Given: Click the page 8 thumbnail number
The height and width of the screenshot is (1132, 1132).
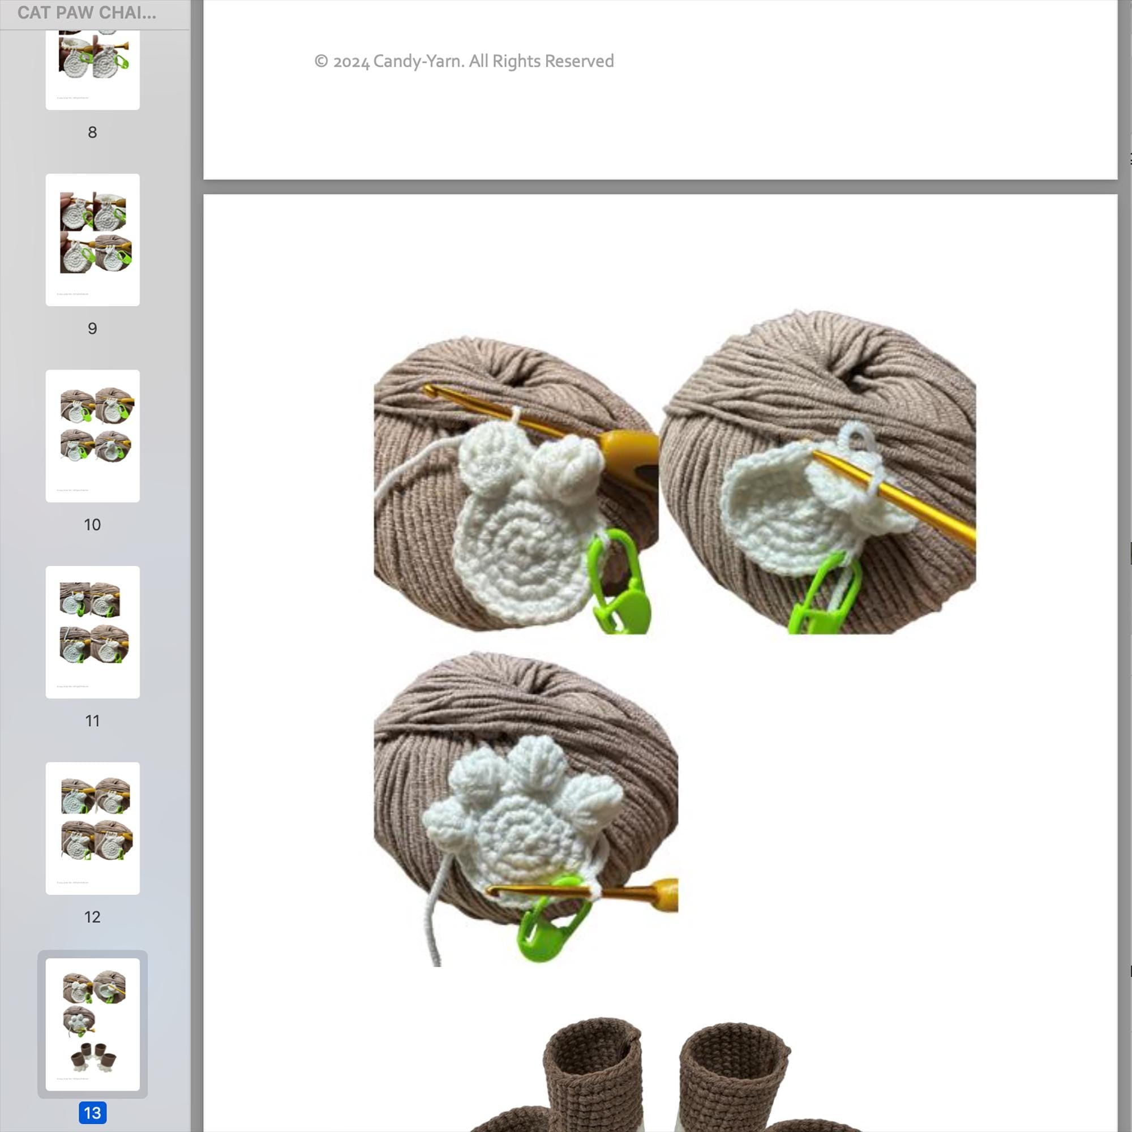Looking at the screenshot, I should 92,132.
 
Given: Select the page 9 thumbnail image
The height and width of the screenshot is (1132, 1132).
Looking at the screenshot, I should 93,239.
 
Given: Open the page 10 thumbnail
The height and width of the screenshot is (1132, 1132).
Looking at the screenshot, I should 93,435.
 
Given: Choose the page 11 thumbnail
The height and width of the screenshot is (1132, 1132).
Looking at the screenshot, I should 93,632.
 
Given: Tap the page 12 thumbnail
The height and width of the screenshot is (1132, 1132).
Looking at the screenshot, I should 93,828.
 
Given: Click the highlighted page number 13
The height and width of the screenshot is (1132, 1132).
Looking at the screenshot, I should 92,1113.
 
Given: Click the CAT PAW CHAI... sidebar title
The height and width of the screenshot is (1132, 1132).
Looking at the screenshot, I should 87,13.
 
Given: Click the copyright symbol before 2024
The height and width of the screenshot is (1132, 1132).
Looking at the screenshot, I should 320,62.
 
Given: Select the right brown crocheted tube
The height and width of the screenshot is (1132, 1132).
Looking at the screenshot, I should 732,1078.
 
